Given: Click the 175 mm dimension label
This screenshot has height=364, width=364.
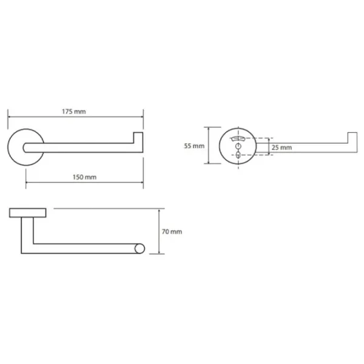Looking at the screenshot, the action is (x=74, y=112).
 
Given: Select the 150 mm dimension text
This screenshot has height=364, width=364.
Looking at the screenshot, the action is (x=84, y=177).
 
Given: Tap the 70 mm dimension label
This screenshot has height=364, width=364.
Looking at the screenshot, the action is (x=172, y=232).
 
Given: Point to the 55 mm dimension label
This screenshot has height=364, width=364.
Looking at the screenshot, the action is (x=194, y=146).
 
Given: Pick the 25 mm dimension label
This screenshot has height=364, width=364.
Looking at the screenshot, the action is (x=281, y=147).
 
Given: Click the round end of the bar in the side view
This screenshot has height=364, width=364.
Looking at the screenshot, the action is (x=140, y=249).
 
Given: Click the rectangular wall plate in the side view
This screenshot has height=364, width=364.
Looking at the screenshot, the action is (x=28, y=213).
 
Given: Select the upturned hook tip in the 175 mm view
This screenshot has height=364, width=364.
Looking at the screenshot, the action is (x=138, y=138).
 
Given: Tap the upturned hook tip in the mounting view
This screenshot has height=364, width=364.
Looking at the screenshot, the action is (x=352, y=138).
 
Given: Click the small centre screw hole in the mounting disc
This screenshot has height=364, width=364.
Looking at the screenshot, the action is (x=238, y=146).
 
